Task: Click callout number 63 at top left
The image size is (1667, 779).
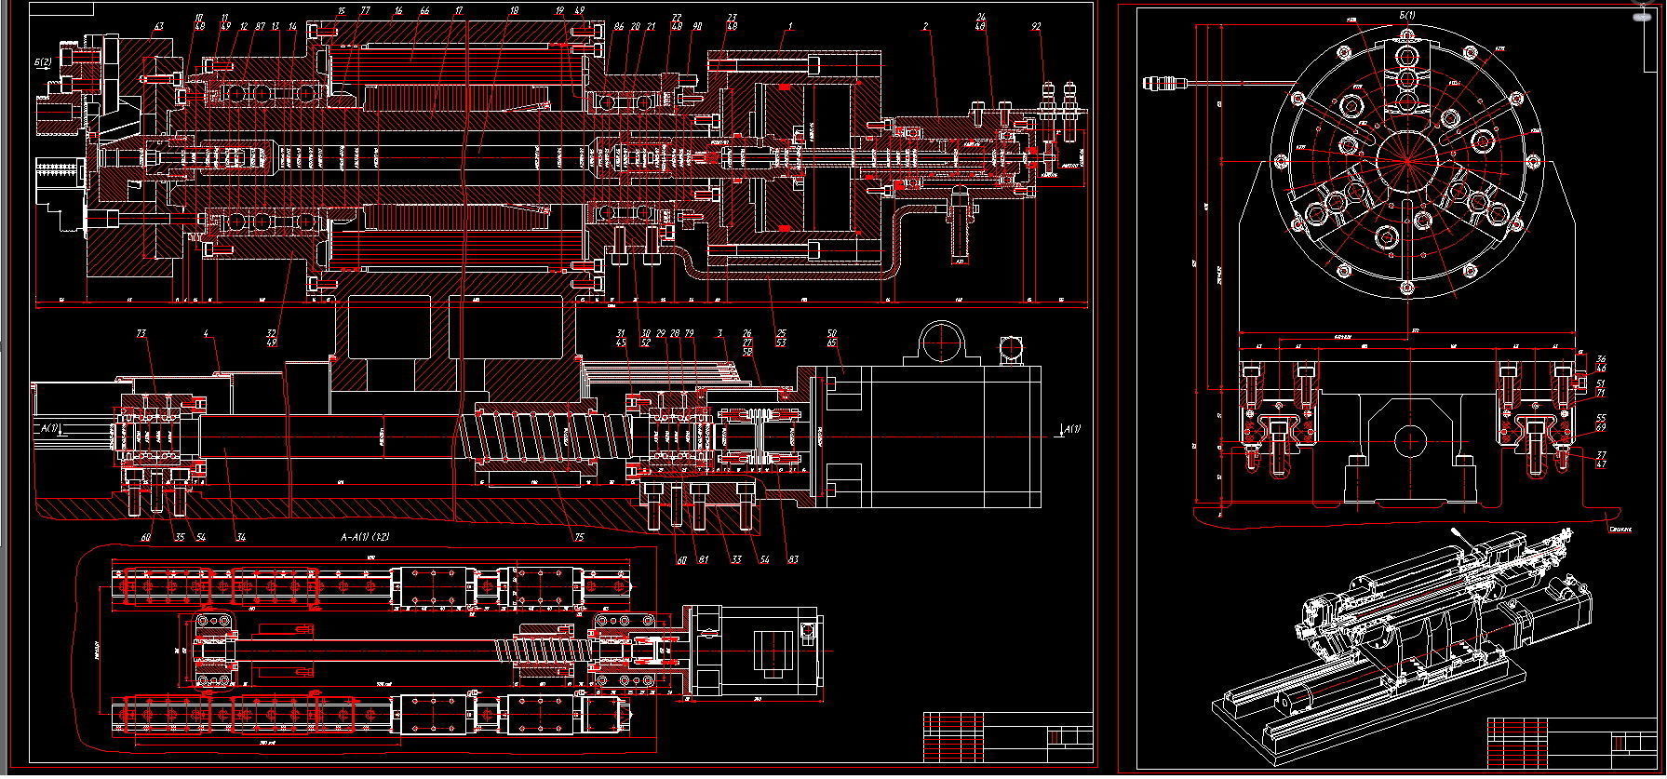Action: click(x=158, y=26)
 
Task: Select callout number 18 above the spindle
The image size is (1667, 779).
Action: click(x=514, y=11)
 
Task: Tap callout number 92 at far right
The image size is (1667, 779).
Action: click(x=1037, y=27)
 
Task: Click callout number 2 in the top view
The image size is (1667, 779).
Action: click(x=926, y=27)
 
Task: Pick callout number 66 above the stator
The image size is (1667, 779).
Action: click(x=424, y=11)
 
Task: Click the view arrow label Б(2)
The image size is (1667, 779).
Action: click(x=43, y=62)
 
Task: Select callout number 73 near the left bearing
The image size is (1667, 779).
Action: click(x=141, y=333)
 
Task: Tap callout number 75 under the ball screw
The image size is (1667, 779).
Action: click(x=579, y=537)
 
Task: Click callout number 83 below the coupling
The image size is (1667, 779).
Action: click(x=793, y=559)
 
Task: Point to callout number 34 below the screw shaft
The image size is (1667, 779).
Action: click(x=241, y=537)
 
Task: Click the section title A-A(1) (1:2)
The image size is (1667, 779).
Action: click(x=365, y=538)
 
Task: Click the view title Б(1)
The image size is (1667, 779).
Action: click(x=1406, y=15)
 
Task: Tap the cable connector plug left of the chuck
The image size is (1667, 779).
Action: click(x=1163, y=84)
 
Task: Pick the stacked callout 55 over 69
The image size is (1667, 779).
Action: click(x=1601, y=423)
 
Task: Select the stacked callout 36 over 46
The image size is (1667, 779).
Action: click(x=1601, y=364)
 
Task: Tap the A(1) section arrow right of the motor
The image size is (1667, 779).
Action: click(x=1073, y=429)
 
